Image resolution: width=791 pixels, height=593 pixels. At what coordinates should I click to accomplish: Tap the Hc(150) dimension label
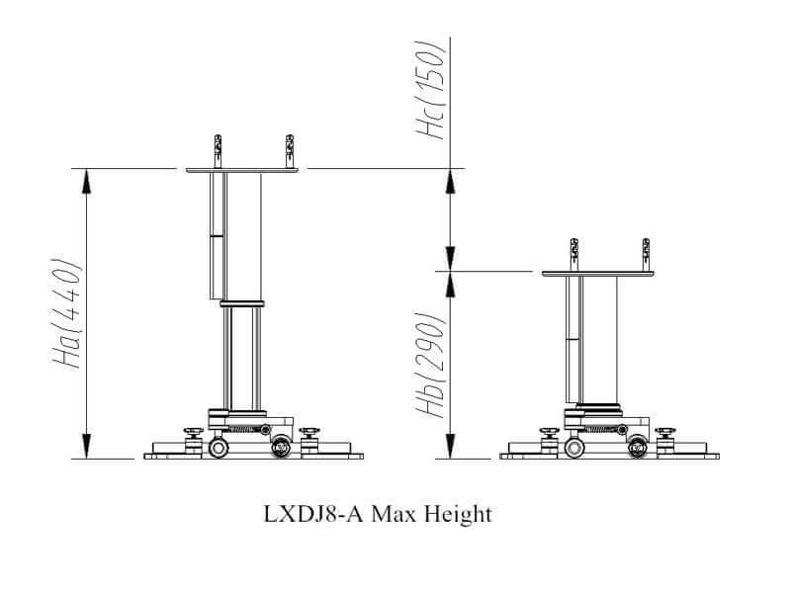click(435, 91)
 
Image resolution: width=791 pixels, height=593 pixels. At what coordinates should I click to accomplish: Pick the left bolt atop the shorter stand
click(572, 255)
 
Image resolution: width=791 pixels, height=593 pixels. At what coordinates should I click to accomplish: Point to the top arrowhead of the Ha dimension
click(86, 179)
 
